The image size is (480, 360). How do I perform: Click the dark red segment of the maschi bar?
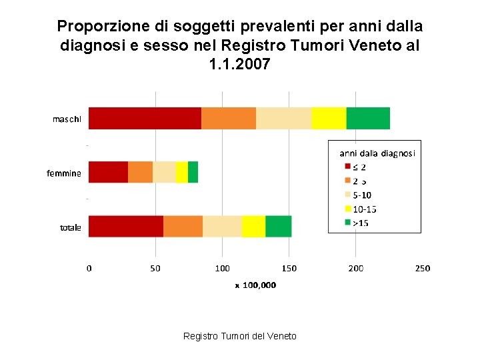(145, 118)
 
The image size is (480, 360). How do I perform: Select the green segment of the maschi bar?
(368, 118)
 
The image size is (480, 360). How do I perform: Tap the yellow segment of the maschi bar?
(329, 118)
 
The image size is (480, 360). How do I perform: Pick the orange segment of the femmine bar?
(140, 172)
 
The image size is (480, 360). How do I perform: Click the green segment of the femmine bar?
(193, 172)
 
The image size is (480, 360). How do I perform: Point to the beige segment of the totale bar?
(222, 226)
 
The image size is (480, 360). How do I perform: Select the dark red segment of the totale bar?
(126, 226)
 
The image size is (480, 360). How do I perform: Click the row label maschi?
(67, 119)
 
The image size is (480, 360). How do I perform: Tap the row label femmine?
(64, 173)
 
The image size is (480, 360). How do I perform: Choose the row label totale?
(71, 227)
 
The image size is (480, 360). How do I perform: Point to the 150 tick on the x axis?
(289, 268)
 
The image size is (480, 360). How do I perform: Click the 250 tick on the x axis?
(422, 268)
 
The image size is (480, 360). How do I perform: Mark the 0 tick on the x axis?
(89, 268)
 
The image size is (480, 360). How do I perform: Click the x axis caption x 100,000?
(255, 285)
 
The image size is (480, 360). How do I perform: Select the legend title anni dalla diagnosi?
(377, 153)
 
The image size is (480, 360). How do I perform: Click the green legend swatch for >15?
(347, 223)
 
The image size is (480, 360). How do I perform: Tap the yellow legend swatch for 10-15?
(347, 209)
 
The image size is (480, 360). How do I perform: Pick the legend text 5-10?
(363, 195)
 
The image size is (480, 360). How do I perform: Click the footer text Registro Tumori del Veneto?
(240, 336)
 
